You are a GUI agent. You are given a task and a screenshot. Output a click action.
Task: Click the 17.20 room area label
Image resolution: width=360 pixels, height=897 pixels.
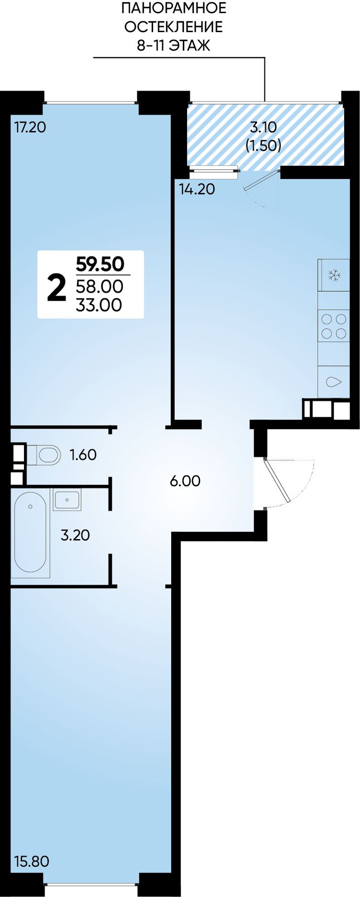pos(30,127)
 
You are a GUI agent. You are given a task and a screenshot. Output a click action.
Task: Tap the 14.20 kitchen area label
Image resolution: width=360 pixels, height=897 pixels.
pos(197,189)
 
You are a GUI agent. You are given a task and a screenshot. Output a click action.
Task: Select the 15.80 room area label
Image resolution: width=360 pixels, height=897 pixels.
pos(31,861)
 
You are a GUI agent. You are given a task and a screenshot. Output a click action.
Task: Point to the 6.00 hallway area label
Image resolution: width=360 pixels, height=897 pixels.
pos(185,481)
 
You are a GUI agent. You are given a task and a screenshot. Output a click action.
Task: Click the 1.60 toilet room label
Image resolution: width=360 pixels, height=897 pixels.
pos(83,454)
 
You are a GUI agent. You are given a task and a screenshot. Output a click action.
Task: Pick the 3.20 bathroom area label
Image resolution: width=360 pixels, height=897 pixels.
pos(75,535)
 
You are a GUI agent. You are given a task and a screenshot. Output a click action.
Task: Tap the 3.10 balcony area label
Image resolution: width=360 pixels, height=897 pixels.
pos(264,127)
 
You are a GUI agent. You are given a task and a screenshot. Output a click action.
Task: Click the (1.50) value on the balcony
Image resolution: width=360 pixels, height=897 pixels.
pos(264,145)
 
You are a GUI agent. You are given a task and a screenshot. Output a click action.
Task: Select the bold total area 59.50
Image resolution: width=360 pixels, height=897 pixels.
pos(100,264)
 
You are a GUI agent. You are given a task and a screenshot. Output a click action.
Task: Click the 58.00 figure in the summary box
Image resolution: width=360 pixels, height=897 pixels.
pos(100,286)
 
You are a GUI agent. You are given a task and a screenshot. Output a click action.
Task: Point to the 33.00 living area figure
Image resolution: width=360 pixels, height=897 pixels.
pos(99,305)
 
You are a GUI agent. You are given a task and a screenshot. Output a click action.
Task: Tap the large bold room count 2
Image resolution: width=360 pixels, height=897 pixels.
pos(57,289)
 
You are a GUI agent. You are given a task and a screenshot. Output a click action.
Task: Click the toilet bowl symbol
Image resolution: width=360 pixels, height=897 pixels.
pos(44,455)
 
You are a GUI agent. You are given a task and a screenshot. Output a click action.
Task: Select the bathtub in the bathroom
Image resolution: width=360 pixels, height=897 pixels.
pos(30,532)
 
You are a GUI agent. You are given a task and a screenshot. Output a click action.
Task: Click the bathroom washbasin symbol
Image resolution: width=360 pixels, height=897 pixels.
pos(67,500)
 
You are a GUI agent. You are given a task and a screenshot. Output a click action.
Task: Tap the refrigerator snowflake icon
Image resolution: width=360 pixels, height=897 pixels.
pos(334,275)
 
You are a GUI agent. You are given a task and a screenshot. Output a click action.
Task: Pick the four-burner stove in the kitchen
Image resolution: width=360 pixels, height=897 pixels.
pos(334,326)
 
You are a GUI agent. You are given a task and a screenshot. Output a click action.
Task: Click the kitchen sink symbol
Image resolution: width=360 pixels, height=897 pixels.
pos(334,382)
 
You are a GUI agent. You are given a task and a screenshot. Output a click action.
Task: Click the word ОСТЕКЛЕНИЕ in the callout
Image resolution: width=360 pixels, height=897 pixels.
pos(174,27)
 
